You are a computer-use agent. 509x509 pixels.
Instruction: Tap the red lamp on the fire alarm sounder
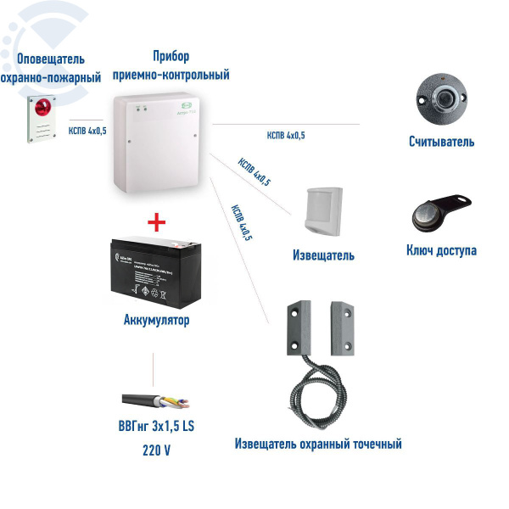(x=42, y=106)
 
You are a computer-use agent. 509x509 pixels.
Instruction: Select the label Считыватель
(x=441, y=142)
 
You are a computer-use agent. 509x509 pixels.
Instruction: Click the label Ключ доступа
(x=441, y=250)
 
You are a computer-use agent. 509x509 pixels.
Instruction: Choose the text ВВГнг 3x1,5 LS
(x=157, y=425)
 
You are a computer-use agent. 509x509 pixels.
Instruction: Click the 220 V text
(x=157, y=450)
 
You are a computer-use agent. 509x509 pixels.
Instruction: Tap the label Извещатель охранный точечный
(x=318, y=444)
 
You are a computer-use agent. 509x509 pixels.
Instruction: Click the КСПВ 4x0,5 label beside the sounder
(x=87, y=131)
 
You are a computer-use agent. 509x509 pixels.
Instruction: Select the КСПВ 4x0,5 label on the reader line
(x=286, y=135)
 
